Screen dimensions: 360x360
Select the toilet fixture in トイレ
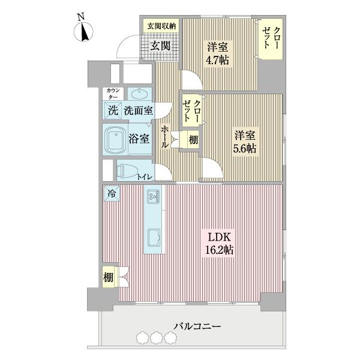(128, 171)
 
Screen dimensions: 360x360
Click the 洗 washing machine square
(112, 110)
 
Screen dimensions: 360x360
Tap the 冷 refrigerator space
(112, 193)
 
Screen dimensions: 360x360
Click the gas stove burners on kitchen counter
(152, 196)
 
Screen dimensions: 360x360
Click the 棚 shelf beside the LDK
(108, 277)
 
